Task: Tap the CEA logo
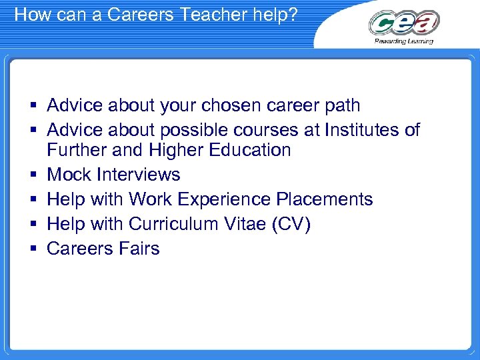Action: click(404, 23)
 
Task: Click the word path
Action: click(343, 105)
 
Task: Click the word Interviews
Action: click(139, 175)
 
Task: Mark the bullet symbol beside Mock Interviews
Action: click(33, 175)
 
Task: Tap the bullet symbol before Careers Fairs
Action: click(33, 249)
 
